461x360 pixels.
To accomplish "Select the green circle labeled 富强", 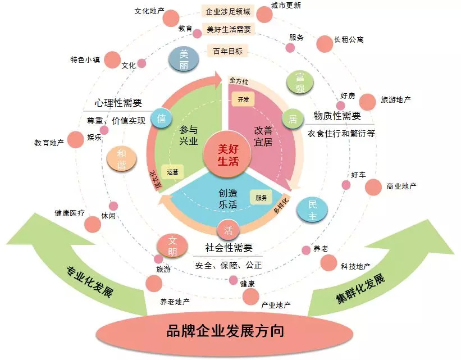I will pyautogui.click(x=300, y=82).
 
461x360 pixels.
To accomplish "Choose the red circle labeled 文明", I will pyautogui.click(x=172, y=245).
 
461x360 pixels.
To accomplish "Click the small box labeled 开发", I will pyautogui.click(x=243, y=99).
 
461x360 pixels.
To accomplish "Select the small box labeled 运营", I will pyautogui.click(x=172, y=171).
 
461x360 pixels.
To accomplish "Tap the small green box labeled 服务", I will pyautogui.click(x=261, y=197).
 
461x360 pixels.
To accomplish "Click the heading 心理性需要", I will pyautogui.click(x=118, y=103).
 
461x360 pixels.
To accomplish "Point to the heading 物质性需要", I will pyautogui.click(x=337, y=116).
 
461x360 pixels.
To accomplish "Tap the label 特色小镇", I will pyautogui.click(x=85, y=59).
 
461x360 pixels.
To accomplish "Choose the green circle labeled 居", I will pyautogui.click(x=292, y=119).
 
